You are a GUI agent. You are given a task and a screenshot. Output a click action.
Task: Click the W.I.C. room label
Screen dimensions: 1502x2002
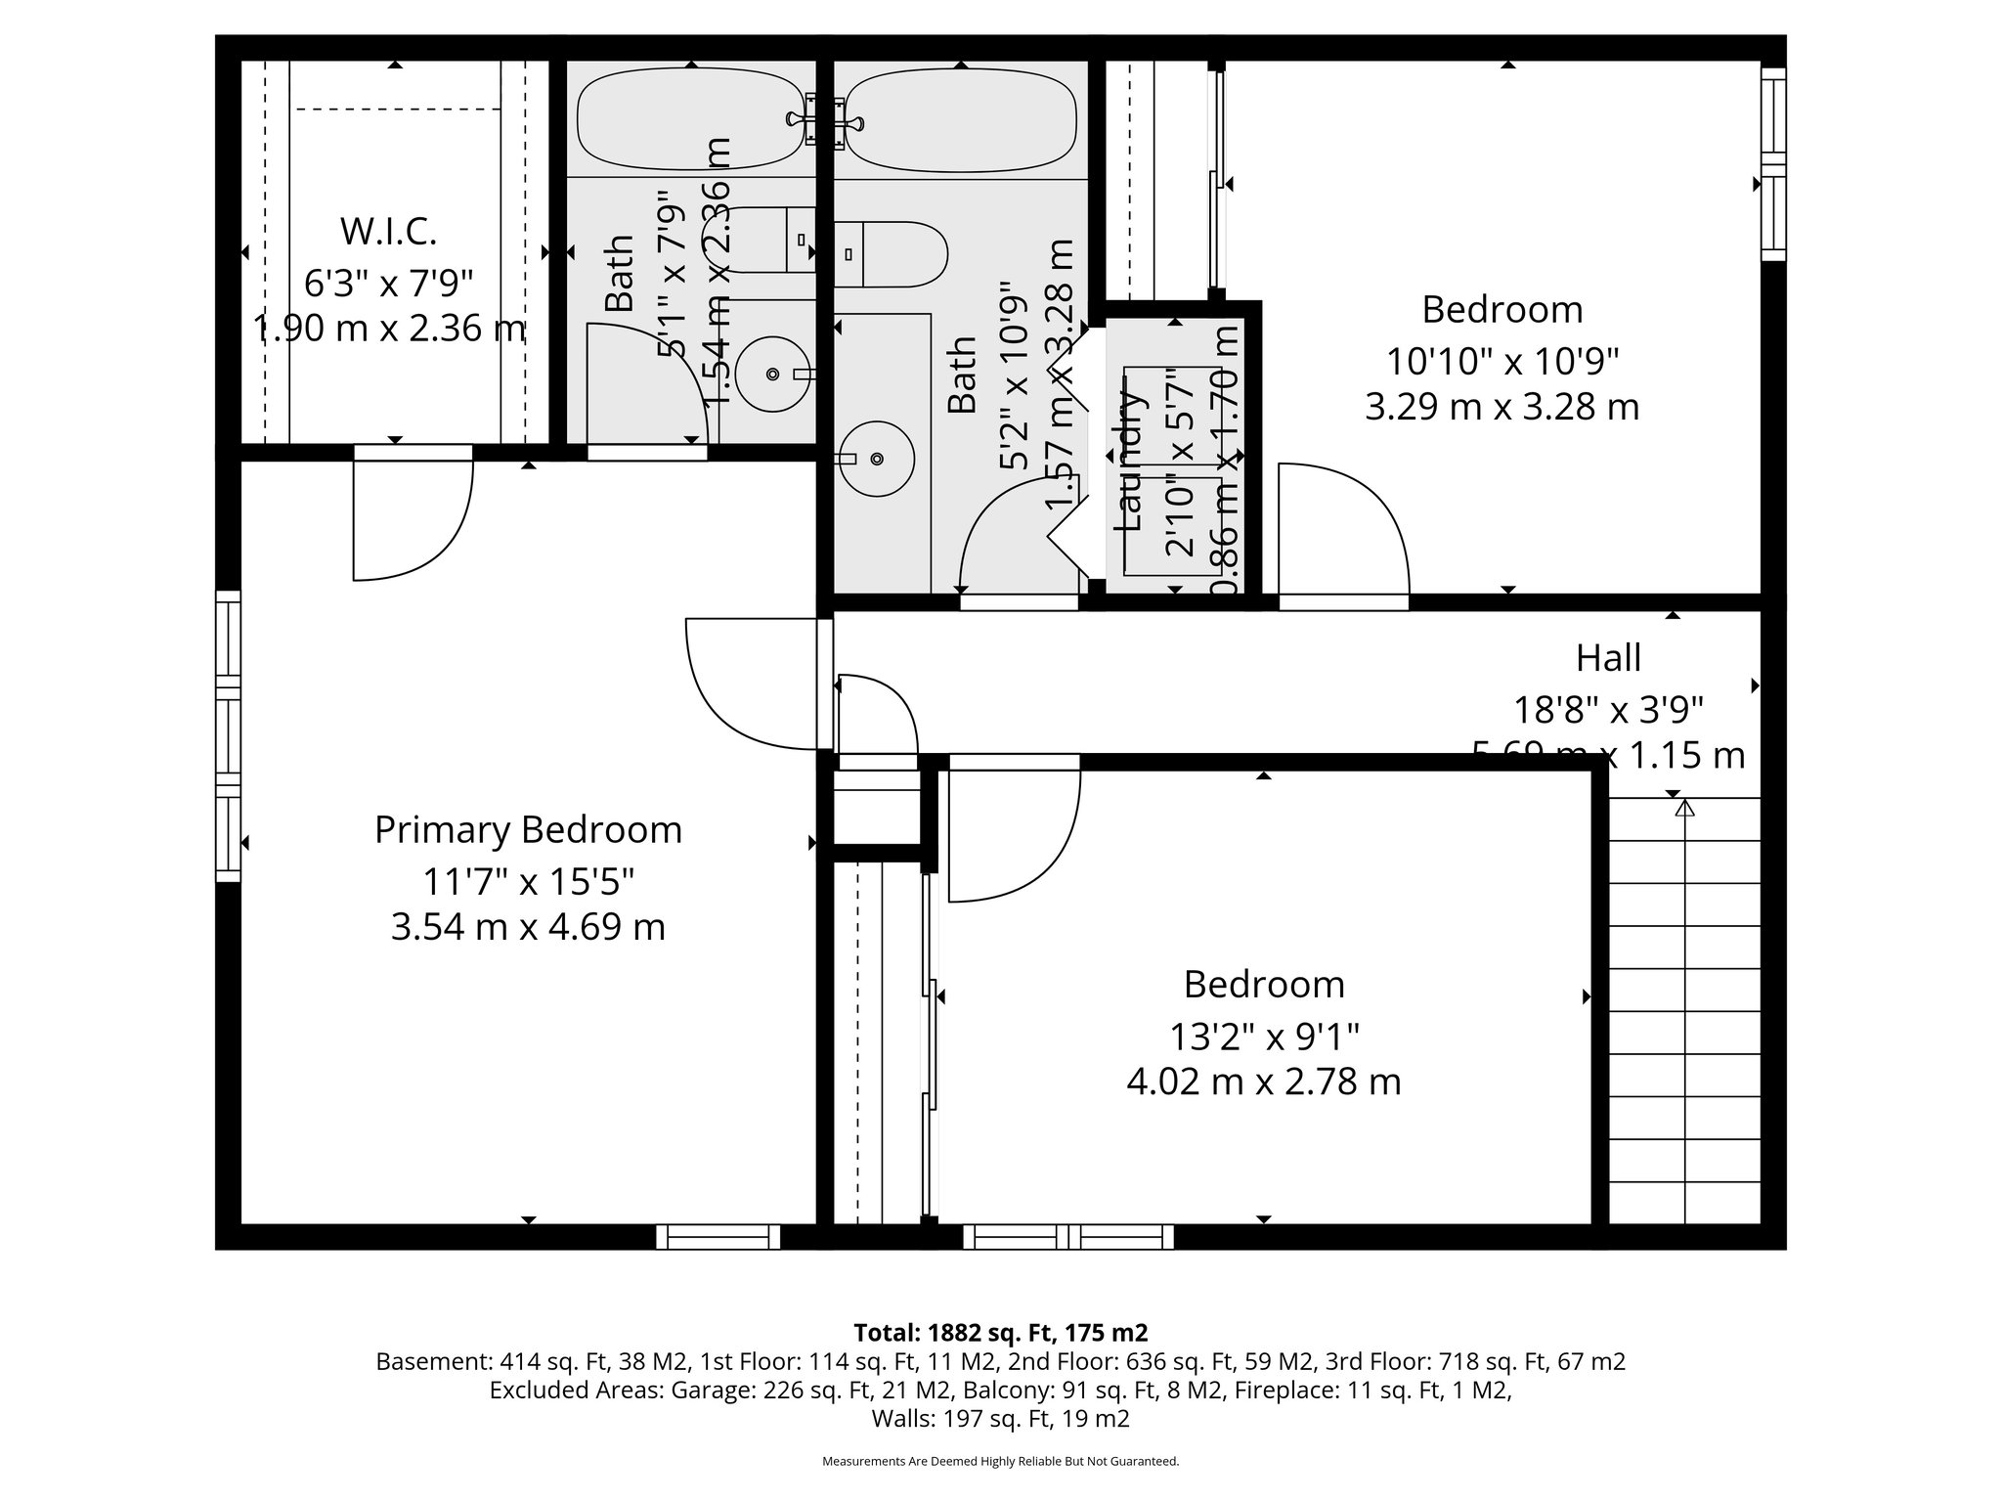pyautogui.click(x=388, y=233)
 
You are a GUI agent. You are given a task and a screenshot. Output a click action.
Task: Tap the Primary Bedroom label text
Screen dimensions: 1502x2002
pyautogui.click(x=528, y=830)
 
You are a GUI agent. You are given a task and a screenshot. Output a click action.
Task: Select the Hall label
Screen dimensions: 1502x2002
pyautogui.click(x=1608, y=658)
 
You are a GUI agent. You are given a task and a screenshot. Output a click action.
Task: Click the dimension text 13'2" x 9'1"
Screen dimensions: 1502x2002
pyautogui.click(x=1264, y=1036)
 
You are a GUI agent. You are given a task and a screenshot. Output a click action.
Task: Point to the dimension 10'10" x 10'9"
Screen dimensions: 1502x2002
pyautogui.click(x=1502, y=362)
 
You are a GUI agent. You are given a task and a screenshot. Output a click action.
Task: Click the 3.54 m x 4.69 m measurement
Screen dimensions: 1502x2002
pyautogui.click(x=528, y=926)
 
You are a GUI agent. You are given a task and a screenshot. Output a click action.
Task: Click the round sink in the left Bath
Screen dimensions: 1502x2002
pyautogui.click(x=772, y=374)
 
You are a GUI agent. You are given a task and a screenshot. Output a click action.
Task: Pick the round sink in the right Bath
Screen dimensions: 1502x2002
pyautogui.click(x=877, y=458)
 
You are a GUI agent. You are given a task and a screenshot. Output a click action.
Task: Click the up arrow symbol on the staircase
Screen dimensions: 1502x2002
pyautogui.click(x=1683, y=809)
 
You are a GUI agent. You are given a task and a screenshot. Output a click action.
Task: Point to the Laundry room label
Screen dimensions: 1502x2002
pyautogui.click(x=1129, y=460)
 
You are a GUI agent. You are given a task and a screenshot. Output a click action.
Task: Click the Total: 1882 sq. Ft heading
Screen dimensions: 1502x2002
pyautogui.click(x=1000, y=1332)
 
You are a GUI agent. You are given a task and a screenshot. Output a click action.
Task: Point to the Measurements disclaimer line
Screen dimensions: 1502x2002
pyautogui.click(x=1000, y=1461)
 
